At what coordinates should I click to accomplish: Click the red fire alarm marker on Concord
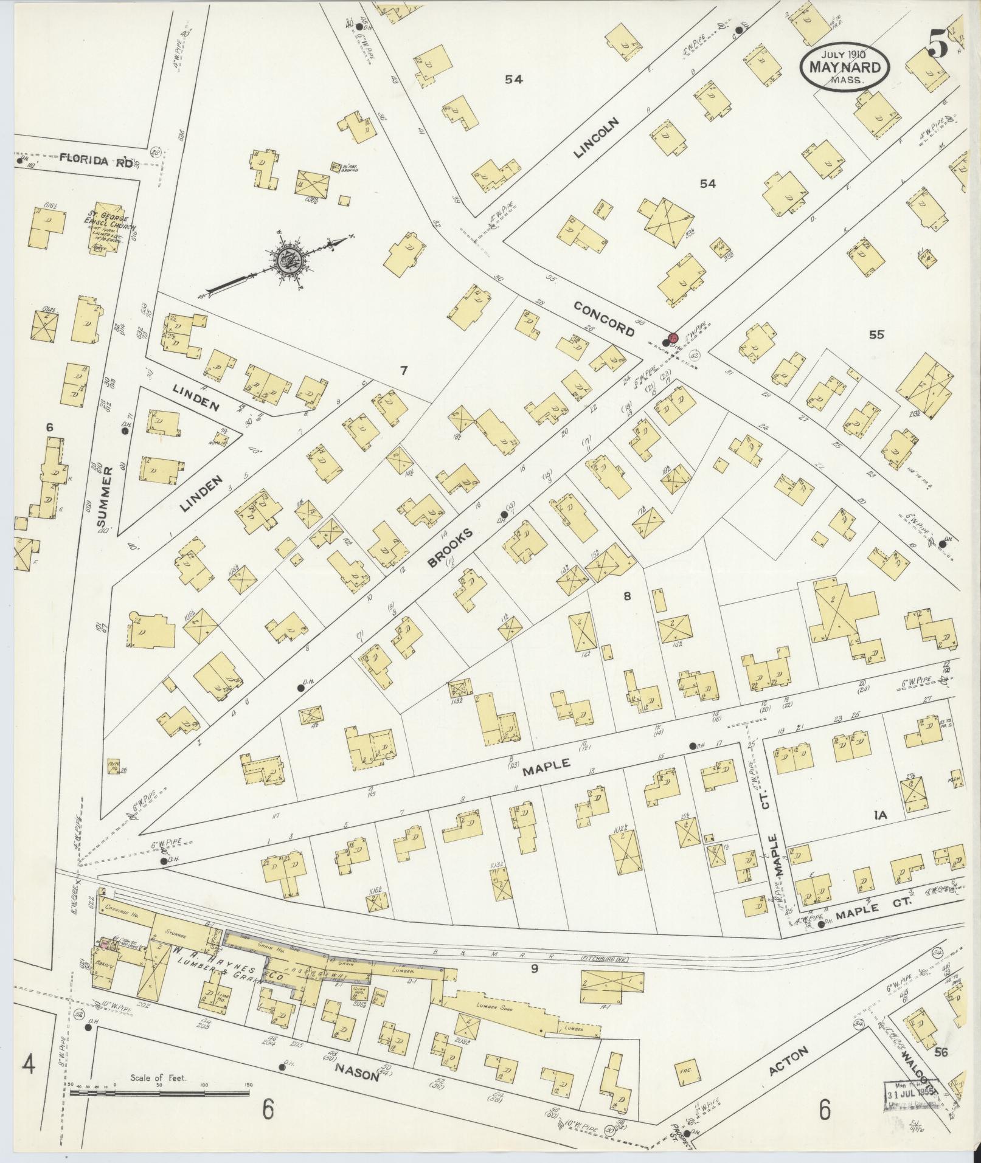(x=673, y=337)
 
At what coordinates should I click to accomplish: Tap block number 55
(x=876, y=334)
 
